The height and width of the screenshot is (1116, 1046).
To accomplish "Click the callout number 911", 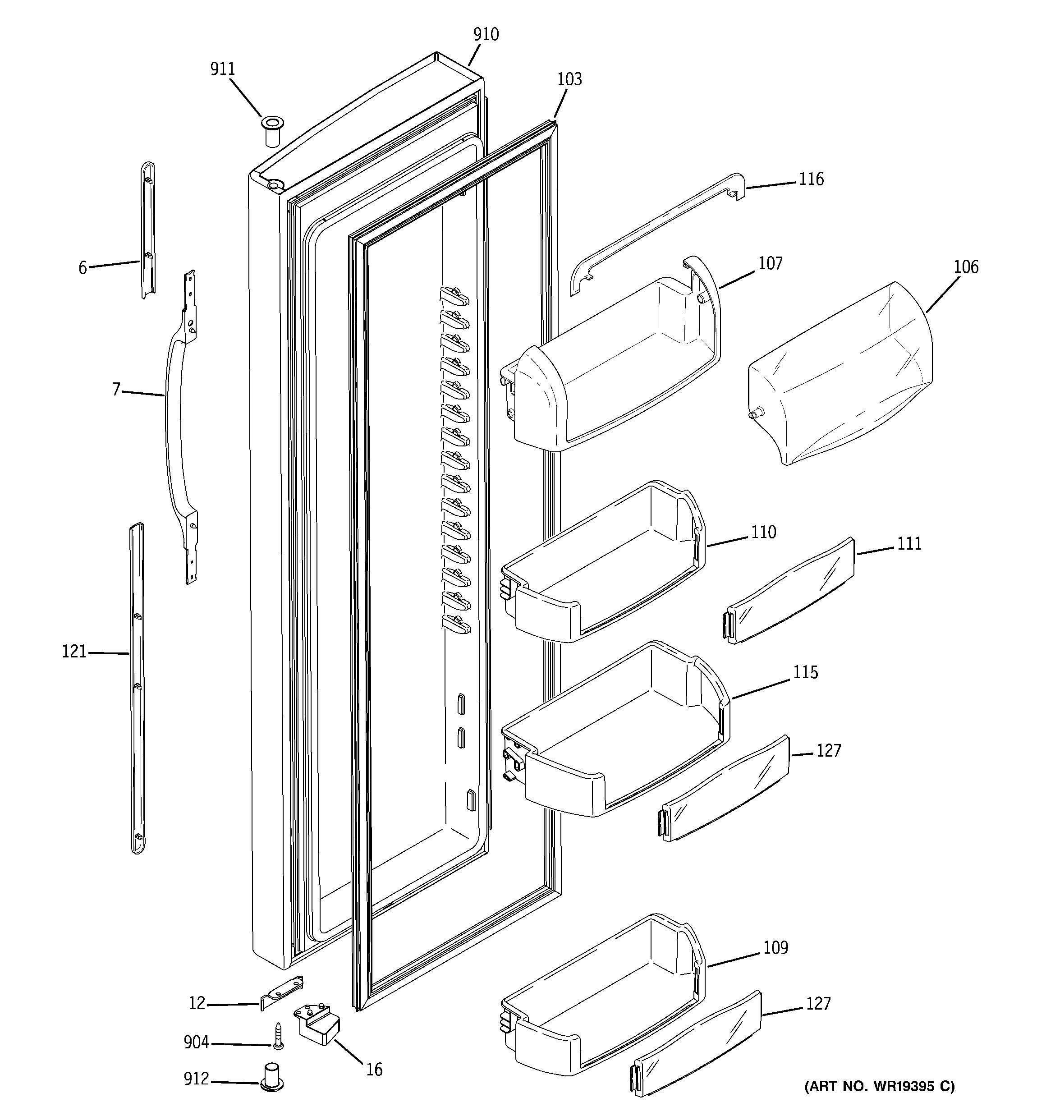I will click(x=222, y=69).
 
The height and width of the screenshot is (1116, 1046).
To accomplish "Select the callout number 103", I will click(x=569, y=79).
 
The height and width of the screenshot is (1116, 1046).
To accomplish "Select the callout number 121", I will click(x=74, y=652).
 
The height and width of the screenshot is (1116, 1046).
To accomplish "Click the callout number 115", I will click(x=805, y=672).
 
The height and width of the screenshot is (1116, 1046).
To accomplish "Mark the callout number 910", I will click(x=486, y=35).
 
